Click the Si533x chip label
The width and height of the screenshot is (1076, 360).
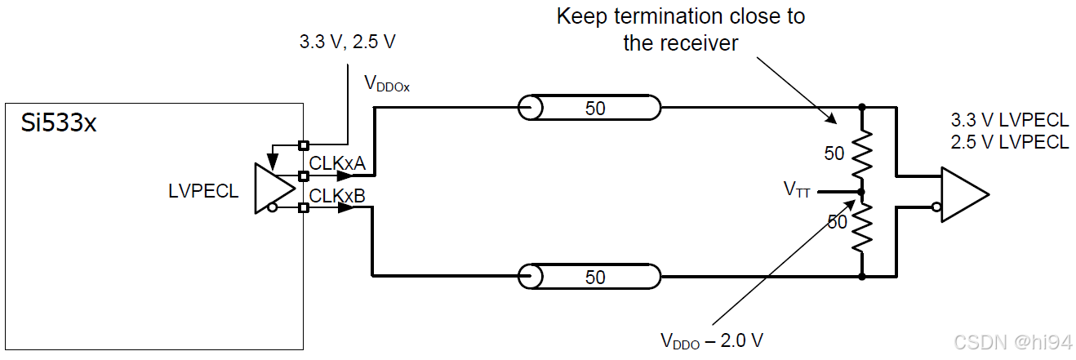coord(59,123)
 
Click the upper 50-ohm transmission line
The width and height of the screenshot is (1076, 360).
coord(590,108)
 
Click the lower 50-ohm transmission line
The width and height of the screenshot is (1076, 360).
coord(590,277)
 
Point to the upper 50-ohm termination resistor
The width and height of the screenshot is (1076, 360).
coord(861,153)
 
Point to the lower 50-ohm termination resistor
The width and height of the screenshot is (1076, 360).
coord(861,227)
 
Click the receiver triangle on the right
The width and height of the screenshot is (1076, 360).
coord(963,194)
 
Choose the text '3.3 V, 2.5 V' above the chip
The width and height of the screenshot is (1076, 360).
coord(347,42)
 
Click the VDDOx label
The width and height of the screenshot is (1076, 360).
coord(386,82)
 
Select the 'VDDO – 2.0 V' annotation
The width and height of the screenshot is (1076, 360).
coord(711,340)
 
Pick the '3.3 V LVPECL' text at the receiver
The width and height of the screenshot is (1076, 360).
coord(1009,120)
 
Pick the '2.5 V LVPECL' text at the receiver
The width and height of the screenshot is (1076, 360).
coord(1009,141)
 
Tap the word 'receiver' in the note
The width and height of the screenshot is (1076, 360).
coord(703,43)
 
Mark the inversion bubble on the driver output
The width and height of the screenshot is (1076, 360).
coord(271,207)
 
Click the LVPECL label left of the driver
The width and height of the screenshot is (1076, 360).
coord(203,191)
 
